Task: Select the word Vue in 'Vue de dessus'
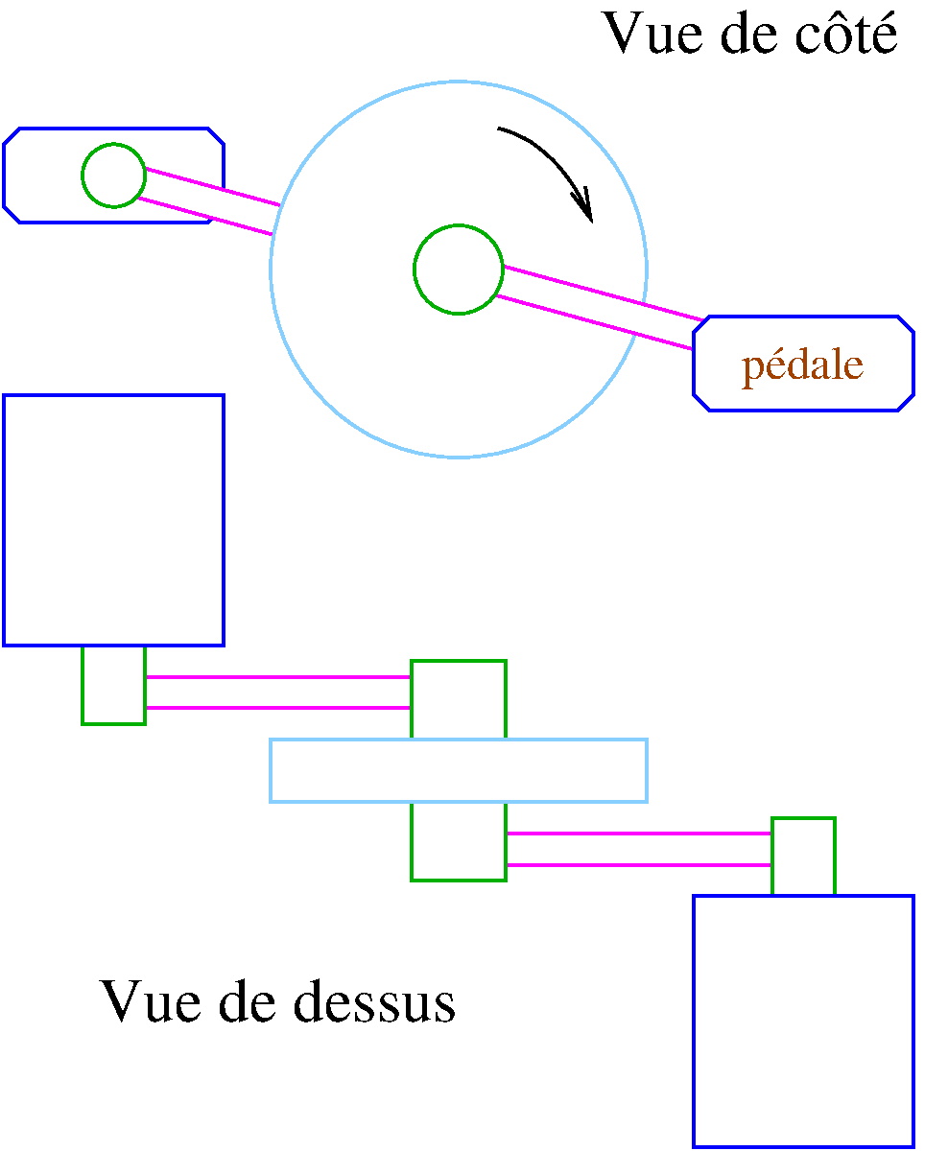coord(148,1002)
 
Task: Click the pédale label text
coord(802,365)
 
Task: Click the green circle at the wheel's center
coord(459,270)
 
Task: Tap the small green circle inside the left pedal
coord(113,175)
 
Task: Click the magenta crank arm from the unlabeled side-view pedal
coord(211,202)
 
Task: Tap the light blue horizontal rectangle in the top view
coord(459,770)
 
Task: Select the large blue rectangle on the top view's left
coord(113,519)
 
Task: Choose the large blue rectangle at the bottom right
coord(803,1021)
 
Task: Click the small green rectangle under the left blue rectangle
coord(113,685)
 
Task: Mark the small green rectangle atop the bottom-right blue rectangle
coord(803,857)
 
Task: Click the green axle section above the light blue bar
coord(459,699)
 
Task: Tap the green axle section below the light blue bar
coord(459,841)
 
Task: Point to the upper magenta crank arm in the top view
coord(278,693)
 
